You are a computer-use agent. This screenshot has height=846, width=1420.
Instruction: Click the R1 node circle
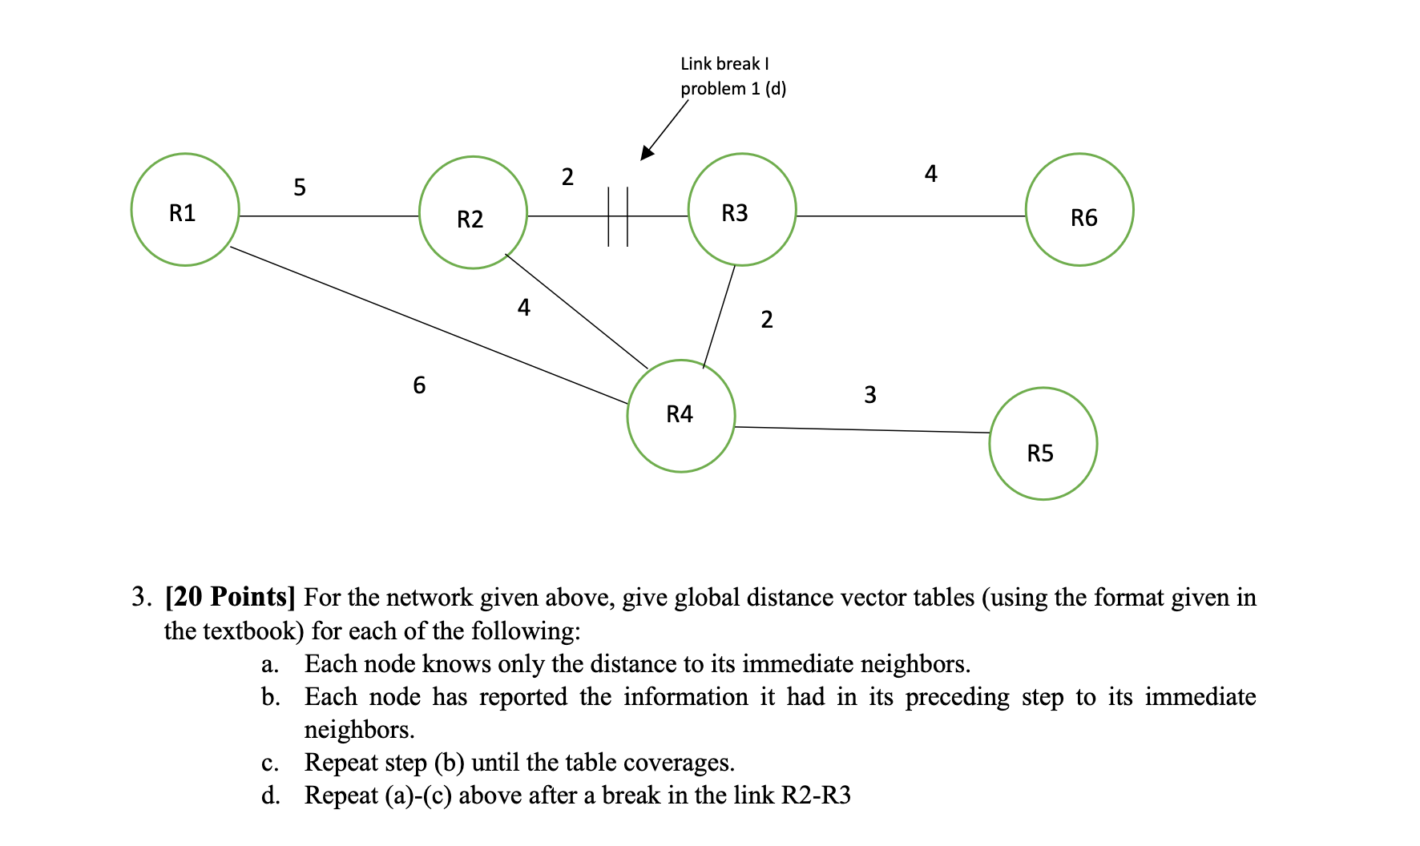[185, 210]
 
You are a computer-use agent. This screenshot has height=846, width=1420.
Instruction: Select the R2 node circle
[473, 213]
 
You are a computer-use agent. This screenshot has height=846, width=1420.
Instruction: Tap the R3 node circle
[741, 210]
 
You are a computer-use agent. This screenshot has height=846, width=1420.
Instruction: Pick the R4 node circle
[680, 416]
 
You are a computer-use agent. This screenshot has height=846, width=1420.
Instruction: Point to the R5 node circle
[1043, 445]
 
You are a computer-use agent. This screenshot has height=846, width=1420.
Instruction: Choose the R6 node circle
[1079, 210]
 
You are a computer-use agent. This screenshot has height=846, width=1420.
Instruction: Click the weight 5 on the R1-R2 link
[300, 187]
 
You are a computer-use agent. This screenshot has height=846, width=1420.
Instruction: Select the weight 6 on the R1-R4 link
[419, 385]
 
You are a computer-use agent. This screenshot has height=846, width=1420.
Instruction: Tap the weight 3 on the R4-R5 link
[870, 395]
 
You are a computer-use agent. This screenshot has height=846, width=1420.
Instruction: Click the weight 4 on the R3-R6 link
[930, 174]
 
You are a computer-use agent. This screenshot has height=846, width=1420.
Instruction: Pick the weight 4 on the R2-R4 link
[524, 308]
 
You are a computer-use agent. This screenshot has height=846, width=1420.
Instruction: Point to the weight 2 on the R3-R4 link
[767, 320]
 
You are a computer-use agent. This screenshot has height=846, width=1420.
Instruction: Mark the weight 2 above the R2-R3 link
[567, 177]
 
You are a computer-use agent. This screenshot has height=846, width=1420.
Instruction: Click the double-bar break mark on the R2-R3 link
[618, 216]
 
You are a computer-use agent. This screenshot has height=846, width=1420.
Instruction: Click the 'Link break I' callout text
[724, 64]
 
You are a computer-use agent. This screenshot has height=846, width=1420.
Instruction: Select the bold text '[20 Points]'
[230, 597]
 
